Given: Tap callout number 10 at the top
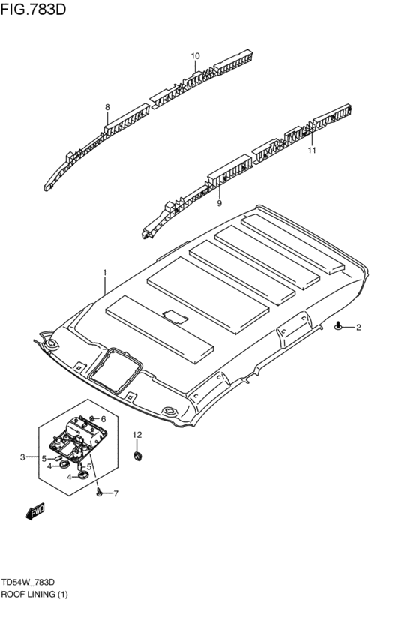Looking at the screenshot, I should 195,56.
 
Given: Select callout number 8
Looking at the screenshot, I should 107,107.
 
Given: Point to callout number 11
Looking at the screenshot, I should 312,150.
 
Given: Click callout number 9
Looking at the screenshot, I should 220,203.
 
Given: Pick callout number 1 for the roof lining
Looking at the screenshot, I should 105,272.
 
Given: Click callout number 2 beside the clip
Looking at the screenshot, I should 358,327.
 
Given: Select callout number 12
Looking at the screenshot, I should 137,435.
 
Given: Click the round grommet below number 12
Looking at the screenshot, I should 138,455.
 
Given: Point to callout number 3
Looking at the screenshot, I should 23,457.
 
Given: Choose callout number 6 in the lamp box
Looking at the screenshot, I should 103,418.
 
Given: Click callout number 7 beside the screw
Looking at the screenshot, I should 115,493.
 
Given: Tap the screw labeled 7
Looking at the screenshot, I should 99,492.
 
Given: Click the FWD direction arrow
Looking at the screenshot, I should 34,512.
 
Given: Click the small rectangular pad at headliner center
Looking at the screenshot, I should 175,317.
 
